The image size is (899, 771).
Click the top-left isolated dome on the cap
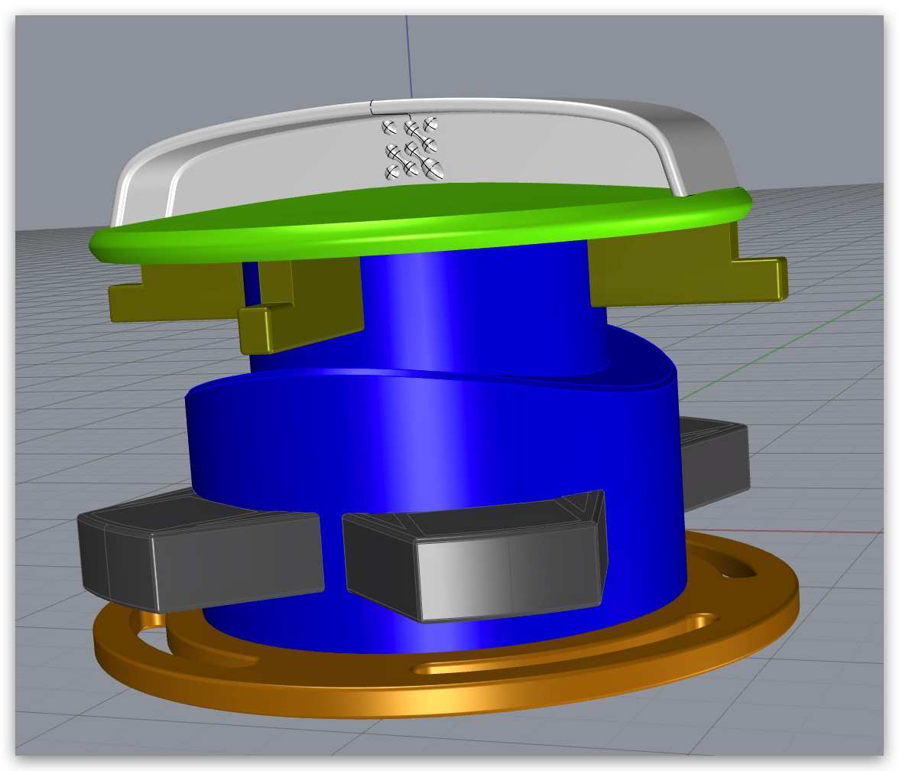tap(388, 126)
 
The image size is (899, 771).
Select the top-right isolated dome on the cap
tap(430, 123)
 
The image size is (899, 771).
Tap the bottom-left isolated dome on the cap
tap(392, 173)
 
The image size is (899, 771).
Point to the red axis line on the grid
tap(795, 531)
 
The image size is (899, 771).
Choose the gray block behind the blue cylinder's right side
tap(715, 459)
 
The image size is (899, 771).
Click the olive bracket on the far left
tap(176, 291)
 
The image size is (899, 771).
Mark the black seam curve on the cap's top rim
tap(372, 107)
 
